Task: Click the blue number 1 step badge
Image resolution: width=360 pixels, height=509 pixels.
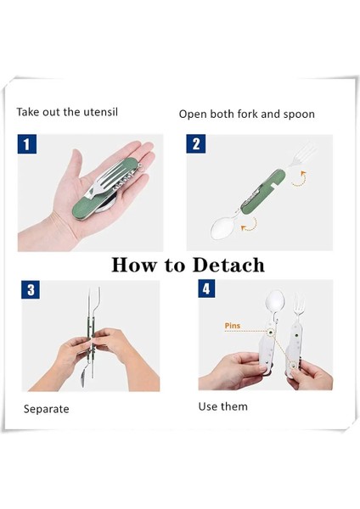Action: pos(27,144)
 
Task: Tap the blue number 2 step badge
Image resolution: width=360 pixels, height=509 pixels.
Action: pos(196,143)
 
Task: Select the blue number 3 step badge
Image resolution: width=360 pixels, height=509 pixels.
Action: pos(31,289)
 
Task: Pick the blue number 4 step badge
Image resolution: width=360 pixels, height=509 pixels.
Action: pos(206,288)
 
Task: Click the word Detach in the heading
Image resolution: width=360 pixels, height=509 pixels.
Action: pos(228,265)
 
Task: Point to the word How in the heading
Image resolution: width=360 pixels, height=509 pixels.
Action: pos(133,265)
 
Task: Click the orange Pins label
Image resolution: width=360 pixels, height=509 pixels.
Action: pos(233,325)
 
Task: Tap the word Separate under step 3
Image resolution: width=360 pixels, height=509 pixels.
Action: pos(46,409)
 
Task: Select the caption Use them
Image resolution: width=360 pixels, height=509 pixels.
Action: pos(223,406)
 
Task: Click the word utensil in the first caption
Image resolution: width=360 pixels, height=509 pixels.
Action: pos(101,112)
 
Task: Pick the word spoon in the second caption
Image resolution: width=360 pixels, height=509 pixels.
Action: pos(299,115)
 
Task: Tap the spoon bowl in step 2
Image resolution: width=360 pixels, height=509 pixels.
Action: pos(222,227)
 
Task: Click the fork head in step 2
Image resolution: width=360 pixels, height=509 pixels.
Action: pos(303,154)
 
